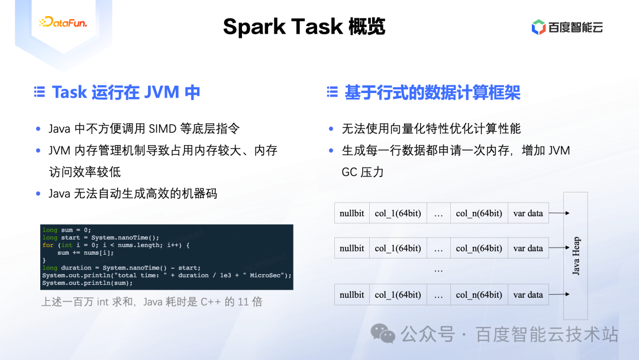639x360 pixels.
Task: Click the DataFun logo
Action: coord(63,22)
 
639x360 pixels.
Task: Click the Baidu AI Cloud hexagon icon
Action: coord(538,27)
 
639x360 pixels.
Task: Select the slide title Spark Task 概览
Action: coord(304,27)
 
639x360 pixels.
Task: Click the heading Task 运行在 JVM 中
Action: coord(126,92)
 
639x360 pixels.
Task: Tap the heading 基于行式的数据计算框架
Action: coord(432,92)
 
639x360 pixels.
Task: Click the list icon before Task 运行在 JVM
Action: coord(40,92)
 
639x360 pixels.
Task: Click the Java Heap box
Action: coord(576,256)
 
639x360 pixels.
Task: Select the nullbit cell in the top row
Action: coord(351,213)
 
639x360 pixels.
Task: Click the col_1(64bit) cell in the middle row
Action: coord(398,249)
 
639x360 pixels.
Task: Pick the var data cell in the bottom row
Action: coord(528,295)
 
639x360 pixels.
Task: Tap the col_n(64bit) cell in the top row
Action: coord(479,213)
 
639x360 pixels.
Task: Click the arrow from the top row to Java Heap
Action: coord(559,213)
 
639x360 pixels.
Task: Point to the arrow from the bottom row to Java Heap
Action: coord(559,295)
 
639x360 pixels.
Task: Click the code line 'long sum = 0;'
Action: coord(66,230)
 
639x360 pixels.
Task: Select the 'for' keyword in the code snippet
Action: coord(47,245)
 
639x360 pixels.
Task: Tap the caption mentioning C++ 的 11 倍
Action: coord(151,302)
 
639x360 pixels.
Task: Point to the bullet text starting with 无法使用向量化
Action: coord(431,128)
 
